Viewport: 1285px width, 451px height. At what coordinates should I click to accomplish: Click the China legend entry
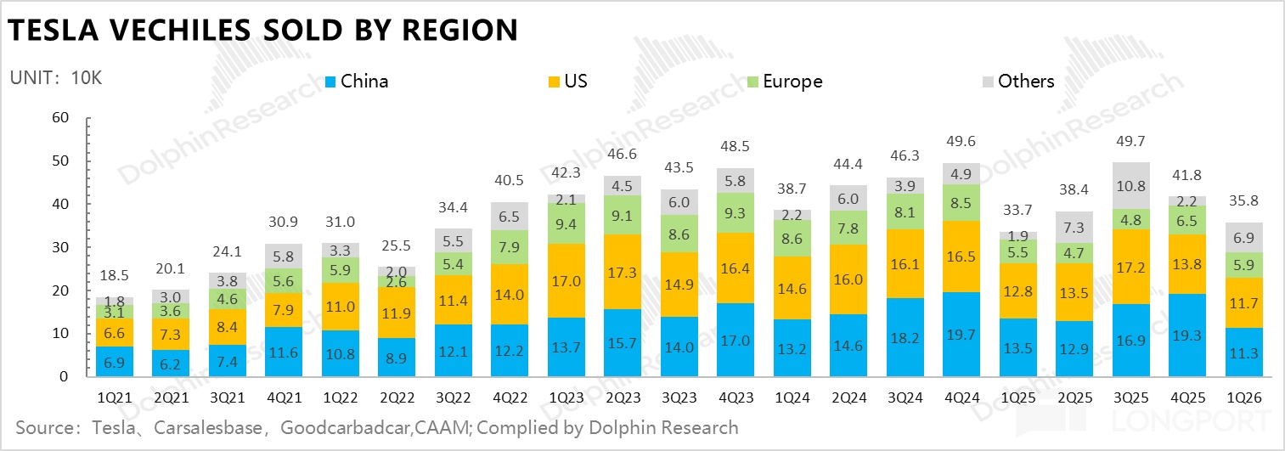pyautogui.click(x=357, y=82)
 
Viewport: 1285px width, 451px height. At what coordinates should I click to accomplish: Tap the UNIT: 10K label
pyautogui.click(x=56, y=78)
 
